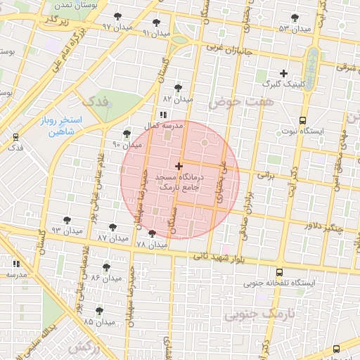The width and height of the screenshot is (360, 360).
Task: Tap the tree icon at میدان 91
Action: [x=156, y=22]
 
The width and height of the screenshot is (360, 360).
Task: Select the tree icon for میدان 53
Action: [x=294, y=18]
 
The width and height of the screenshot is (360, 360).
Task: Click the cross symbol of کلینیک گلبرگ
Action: [x=283, y=73]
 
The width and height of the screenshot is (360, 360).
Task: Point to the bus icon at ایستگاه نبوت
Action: [x=302, y=120]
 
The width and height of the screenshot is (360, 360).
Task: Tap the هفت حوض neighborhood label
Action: [x=234, y=102]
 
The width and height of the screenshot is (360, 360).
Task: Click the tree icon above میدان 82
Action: [x=177, y=88]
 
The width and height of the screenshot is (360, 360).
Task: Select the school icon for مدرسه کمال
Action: [x=162, y=115]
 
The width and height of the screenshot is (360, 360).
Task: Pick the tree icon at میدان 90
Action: [x=127, y=134]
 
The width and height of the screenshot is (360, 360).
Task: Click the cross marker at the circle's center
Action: [x=179, y=167]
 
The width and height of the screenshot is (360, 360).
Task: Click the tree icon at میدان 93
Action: [x=67, y=220]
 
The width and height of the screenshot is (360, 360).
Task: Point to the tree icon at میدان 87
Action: [x=112, y=228]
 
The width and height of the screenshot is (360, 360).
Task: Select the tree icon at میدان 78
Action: [x=152, y=233]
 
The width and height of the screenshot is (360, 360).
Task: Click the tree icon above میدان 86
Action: [x=106, y=267]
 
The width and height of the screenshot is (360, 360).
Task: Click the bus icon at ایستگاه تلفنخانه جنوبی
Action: [x=279, y=272]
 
